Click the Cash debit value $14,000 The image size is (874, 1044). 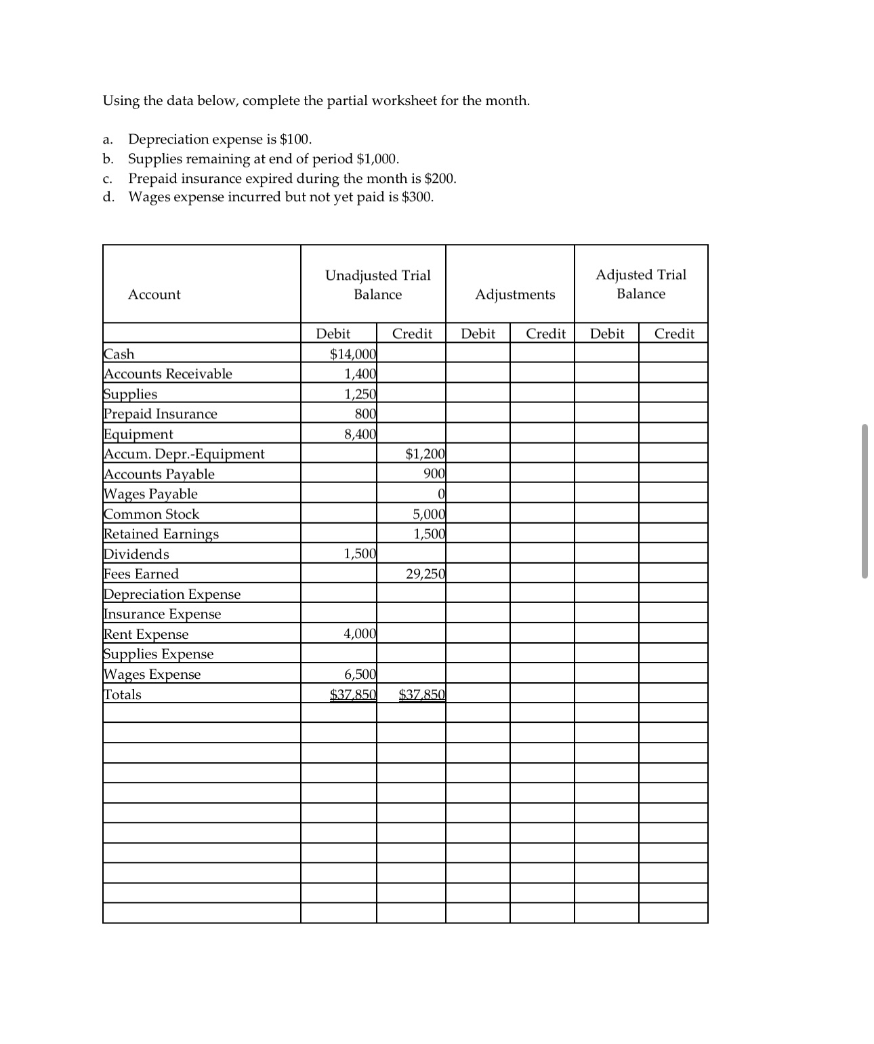tap(353, 354)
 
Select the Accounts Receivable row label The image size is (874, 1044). tap(167, 374)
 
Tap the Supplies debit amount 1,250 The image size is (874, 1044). tap(360, 394)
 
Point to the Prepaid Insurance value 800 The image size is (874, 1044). tap(365, 414)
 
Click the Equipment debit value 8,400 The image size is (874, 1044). tap(360, 434)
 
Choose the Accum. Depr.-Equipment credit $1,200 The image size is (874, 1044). tap(425, 454)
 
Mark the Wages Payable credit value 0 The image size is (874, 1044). tap(440, 494)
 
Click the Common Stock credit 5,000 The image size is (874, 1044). tap(429, 514)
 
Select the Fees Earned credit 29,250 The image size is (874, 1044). tap(425, 575)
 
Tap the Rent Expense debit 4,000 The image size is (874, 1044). tap(360, 634)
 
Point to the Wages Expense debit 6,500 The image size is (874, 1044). tap(360, 674)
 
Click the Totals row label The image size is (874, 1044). tap(123, 694)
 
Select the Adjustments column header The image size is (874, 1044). tap(515, 294)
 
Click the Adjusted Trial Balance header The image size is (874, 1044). tap(641, 284)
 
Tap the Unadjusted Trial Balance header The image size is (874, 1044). tap(377, 285)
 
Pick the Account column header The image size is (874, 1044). tap(154, 294)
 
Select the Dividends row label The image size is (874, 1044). tap(136, 554)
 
